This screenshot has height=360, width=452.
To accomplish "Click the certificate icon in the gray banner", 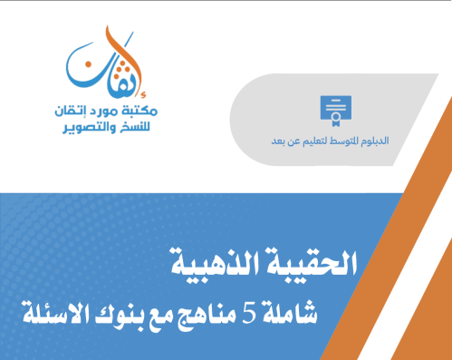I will tap(335, 110).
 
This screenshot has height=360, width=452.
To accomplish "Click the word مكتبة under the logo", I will tap(140, 111).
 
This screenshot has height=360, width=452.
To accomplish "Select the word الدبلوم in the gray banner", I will tap(388, 142).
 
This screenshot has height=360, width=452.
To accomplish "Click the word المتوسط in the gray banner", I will tap(354, 142).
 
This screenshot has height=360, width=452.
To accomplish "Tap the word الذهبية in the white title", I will tap(221, 263).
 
